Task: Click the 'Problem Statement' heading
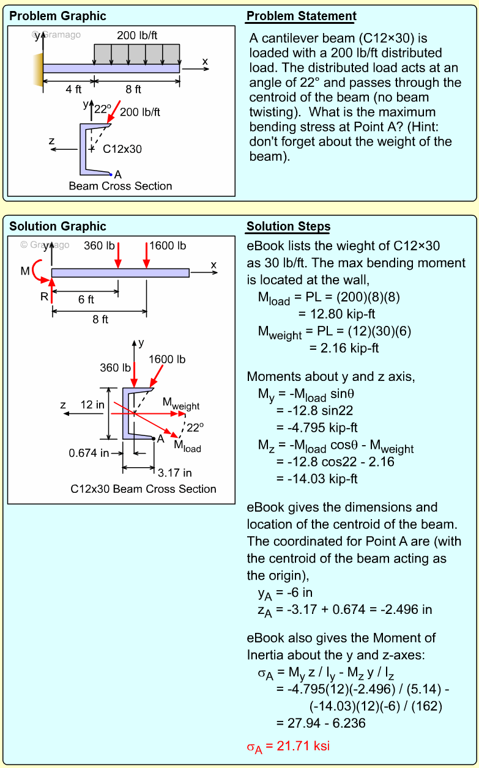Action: point(301,16)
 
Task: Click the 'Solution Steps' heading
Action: point(288,226)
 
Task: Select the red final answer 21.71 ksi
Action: point(288,747)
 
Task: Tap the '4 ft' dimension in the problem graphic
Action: point(73,89)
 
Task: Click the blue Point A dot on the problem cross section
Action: point(111,174)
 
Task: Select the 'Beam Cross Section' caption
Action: point(121,186)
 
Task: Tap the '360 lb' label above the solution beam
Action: point(99,246)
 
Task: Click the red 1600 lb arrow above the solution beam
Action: point(146,255)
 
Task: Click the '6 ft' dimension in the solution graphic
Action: point(86,300)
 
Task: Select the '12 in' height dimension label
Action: point(92,405)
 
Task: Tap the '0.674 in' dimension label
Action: point(89,453)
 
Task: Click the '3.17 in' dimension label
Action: point(174,473)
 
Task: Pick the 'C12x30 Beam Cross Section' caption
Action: point(143,489)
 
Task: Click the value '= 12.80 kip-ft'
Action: point(336,314)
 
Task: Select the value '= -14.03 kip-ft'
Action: point(317,478)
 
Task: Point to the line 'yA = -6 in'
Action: point(285,593)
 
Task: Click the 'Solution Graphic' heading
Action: point(58,226)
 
